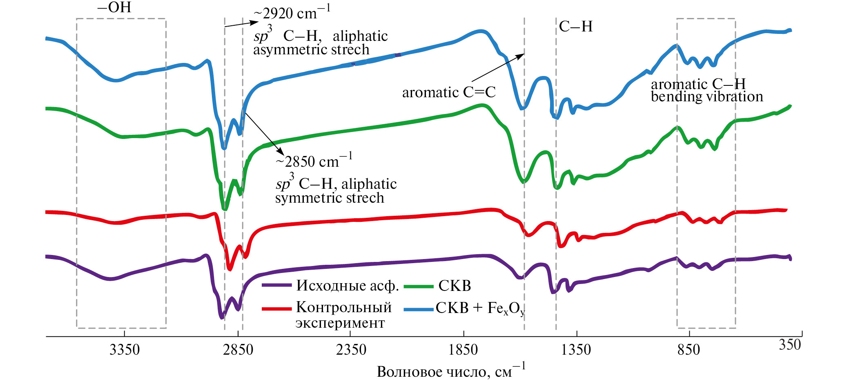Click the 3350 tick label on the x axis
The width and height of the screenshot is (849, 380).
click(125, 350)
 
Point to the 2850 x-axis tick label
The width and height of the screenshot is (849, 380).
click(238, 350)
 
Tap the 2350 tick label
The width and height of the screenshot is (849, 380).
click(351, 350)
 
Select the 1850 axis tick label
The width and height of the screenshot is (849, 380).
click(463, 350)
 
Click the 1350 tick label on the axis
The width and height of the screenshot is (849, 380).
click(576, 350)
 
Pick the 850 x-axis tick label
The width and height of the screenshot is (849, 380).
click(689, 350)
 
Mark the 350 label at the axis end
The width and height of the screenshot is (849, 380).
click(790, 345)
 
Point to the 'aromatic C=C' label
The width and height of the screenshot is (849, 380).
click(449, 92)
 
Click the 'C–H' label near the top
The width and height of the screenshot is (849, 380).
click(575, 27)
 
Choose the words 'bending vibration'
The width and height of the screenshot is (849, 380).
click(706, 97)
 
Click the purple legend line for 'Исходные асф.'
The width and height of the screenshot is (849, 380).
click(276, 285)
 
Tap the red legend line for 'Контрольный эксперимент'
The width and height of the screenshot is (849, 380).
click(276, 308)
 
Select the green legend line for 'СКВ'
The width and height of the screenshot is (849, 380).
click(418, 286)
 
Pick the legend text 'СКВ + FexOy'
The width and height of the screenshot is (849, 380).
click(480, 308)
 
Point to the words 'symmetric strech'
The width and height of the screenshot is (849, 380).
click(330, 198)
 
